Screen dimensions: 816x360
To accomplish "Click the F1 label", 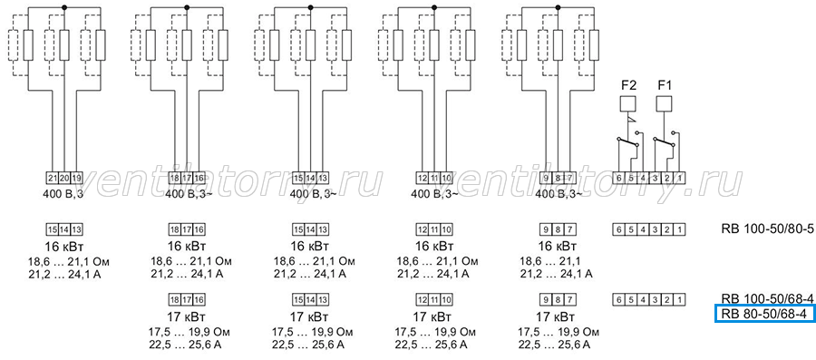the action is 664,85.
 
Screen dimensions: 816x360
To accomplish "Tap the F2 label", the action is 628,85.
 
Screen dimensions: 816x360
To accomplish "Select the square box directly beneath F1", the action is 664,104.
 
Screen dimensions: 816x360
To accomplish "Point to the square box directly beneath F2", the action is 628,104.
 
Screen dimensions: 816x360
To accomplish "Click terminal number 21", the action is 53,178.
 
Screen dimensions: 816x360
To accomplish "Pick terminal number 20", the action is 64,178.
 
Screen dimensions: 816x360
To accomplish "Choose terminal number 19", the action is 76,178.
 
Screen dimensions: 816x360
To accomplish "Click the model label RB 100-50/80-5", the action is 760,229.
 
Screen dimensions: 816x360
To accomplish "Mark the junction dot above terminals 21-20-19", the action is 64,8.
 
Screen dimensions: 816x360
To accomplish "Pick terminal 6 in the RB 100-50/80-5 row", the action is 617,229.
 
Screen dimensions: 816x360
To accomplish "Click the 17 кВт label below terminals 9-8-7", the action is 555,316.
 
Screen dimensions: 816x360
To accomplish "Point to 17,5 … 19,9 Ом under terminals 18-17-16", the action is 190,332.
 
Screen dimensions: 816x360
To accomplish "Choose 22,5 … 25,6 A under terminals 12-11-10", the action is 431,345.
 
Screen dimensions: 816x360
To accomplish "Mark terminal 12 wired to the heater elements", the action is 422,178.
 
